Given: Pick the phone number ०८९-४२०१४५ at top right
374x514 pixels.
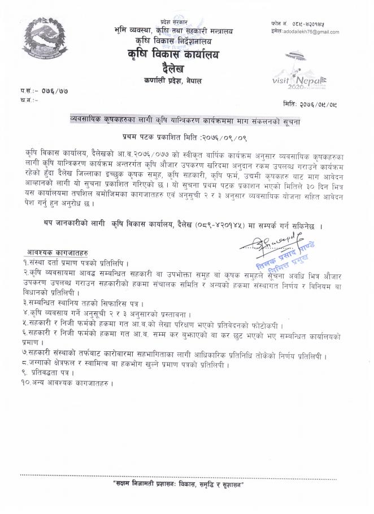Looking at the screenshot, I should tap(308, 24).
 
